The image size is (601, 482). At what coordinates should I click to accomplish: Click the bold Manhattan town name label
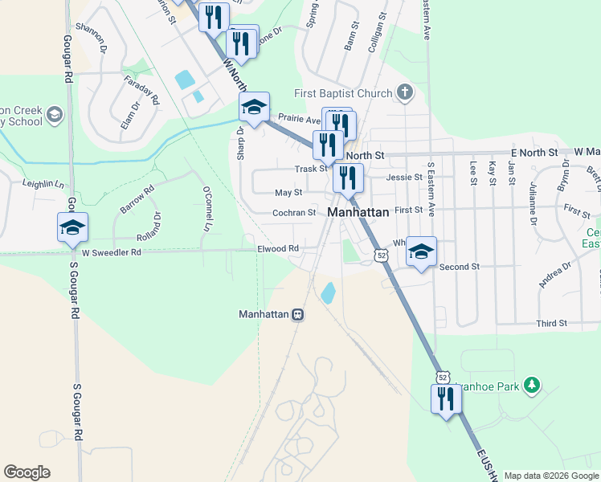tap(359, 213)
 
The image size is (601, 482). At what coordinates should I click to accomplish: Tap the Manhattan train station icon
tap(297, 314)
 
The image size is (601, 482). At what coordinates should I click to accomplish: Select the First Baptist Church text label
tap(342, 93)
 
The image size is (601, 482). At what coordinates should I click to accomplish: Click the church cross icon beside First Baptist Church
tap(404, 92)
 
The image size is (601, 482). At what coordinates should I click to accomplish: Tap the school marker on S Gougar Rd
tap(72, 227)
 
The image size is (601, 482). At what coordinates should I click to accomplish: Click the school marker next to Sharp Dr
tap(254, 107)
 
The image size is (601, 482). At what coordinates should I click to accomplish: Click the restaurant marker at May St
tap(348, 178)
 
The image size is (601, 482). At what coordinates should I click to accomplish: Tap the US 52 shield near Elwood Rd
tap(382, 255)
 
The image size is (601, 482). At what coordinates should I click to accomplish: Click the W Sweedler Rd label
tap(111, 252)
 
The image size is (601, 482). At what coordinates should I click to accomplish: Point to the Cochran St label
tap(295, 213)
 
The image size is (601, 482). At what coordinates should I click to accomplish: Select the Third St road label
tap(552, 323)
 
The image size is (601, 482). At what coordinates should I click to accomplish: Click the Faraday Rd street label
tap(141, 89)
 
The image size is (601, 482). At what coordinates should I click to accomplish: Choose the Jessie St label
tap(403, 177)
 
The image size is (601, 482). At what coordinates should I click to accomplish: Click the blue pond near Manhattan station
tap(328, 292)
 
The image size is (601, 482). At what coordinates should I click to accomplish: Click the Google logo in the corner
tap(27, 472)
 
